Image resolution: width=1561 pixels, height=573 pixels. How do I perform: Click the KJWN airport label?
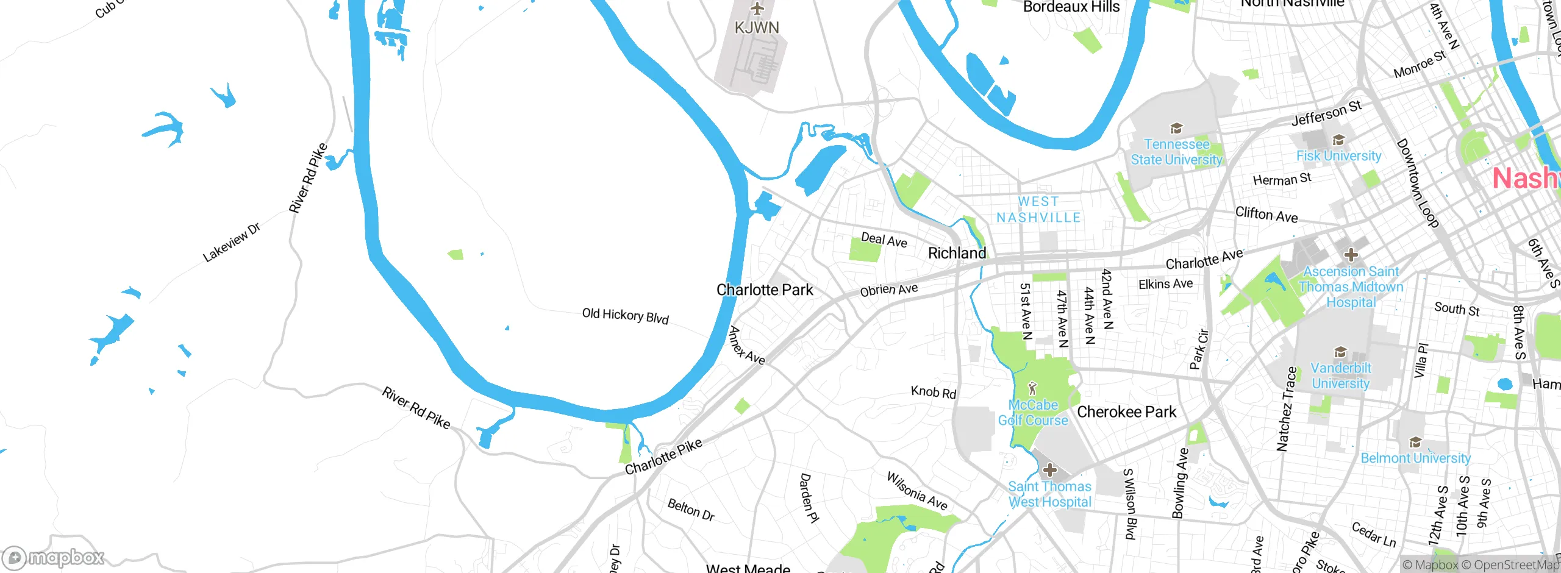coord(757,28)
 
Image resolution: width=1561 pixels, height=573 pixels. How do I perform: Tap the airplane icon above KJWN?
coord(757,9)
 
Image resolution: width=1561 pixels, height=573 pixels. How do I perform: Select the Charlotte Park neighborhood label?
coord(765,290)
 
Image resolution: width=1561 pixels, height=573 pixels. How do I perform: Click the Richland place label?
coord(957,253)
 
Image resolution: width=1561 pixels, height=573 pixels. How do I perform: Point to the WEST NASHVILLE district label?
coord(1038,210)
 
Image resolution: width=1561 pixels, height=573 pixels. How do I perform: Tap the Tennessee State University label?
coord(1176,152)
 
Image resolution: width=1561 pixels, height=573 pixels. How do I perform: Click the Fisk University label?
coord(1338,156)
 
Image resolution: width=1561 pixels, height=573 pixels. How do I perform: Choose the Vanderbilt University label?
coord(1340,375)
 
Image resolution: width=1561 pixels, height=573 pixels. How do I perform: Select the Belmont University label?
coord(1415,458)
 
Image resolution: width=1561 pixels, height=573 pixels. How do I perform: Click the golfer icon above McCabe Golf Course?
coord(1032,388)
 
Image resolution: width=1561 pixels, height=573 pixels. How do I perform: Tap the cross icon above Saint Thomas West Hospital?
coord(1049,470)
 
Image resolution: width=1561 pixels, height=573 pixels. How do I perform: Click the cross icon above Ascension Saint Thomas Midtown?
coord(1351,254)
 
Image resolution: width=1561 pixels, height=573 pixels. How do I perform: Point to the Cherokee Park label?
coord(1126,412)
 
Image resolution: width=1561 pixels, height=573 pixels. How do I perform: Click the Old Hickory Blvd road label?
coord(625,316)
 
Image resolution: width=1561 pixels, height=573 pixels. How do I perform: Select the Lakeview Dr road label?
coord(231,242)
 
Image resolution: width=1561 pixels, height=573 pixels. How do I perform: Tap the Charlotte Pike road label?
coord(663,457)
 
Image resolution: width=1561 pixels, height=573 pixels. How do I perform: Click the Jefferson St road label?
coord(1326,114)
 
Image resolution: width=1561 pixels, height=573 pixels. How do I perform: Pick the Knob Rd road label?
coord(933,392)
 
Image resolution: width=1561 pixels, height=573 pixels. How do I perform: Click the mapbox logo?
coord(53,557)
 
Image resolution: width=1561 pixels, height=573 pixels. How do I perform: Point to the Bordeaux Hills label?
coord(1071,7)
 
